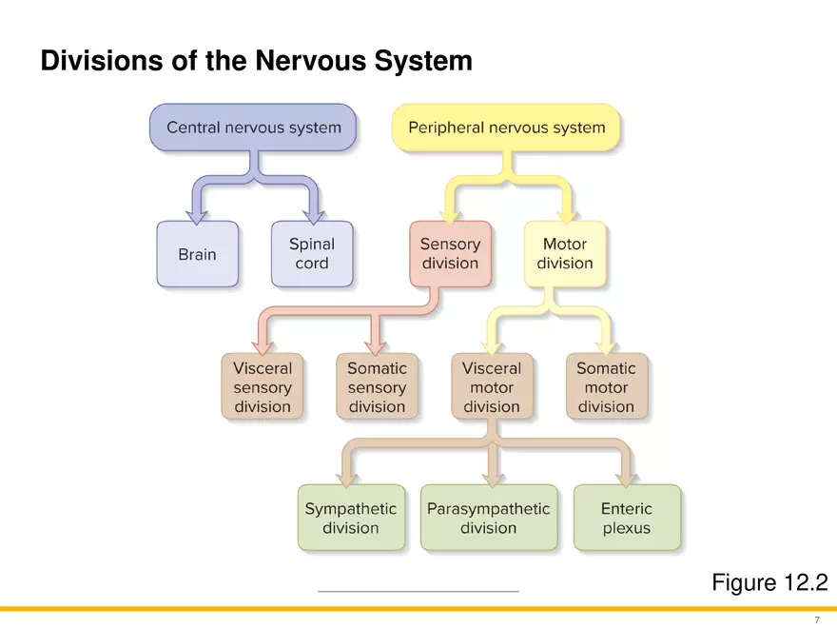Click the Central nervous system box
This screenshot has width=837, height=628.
(253, 128)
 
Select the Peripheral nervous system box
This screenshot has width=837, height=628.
(506, 128)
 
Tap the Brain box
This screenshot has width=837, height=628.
(197, 255)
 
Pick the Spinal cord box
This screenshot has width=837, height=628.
(312, 254)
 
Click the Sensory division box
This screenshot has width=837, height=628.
(450, 254)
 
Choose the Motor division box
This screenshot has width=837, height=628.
(565, 254)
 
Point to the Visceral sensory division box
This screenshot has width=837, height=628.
(263, 387)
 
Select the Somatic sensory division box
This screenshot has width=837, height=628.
(377, 387)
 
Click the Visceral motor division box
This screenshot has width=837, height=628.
(492, 387)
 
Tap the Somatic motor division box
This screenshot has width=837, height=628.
(606, 387)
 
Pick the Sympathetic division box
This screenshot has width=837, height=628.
(350, 519)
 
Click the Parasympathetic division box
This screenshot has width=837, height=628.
(489, 519)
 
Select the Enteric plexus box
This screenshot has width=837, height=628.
(627, 519)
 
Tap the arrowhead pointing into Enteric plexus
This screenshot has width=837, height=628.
(627, 475)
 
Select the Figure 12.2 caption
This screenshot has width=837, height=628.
(769, 582)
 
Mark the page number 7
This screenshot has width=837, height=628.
(816, 619)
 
